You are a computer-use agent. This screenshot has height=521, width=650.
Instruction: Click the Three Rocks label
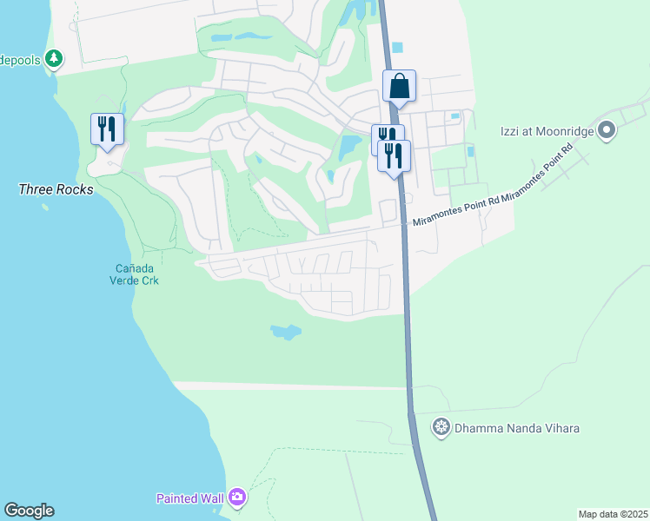(x=56, y=188)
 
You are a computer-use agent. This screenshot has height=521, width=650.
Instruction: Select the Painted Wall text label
(x=189, y=498)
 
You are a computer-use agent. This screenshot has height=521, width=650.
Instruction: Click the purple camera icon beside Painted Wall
(x=237, y=498)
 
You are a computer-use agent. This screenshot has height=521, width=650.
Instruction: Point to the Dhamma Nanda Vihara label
(x=518, y=428)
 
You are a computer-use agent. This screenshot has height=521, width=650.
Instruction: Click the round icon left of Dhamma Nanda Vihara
(x=441, y=427)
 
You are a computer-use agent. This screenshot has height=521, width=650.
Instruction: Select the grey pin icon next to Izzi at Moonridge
(x=607, y=132)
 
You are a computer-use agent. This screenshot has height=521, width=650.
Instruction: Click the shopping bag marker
(x=399, y=87)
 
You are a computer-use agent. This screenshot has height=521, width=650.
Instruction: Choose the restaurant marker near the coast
(x=107, y=130)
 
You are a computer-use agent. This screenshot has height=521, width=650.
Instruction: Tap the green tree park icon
(x=55, y=58)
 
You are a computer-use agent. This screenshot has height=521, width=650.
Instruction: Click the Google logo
(x=29, y=511)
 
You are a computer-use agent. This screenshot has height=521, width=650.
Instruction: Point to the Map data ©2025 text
(x=613, y=514)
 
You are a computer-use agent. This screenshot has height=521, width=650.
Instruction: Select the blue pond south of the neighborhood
(x=285, y=332)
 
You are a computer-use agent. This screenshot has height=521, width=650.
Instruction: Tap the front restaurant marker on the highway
(x=395, y=156)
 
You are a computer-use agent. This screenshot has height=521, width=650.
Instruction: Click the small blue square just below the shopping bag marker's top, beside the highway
(x=398, y=48)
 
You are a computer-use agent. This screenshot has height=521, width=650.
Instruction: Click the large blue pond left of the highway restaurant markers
(x=350, y=145)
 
